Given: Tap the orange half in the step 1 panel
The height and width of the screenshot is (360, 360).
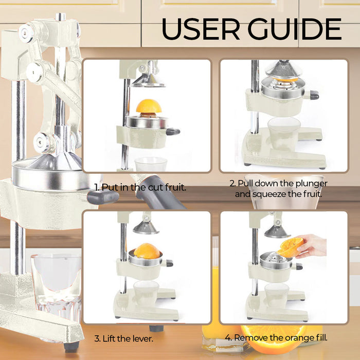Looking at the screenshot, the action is click(149, 106).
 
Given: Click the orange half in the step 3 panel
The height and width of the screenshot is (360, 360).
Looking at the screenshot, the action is click(147, 251).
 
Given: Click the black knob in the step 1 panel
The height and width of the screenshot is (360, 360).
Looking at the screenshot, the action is click(173, 132).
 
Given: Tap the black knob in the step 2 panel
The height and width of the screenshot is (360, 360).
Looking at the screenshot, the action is click(314, 95).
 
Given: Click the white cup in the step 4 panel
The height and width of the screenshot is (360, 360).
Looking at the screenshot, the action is click(276, 296).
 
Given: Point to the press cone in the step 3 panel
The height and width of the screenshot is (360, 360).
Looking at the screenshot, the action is click(146, 227).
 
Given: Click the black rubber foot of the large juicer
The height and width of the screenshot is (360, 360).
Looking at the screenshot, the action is click(71, 347).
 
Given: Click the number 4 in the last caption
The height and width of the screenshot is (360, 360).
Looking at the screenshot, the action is click(228, 338).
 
